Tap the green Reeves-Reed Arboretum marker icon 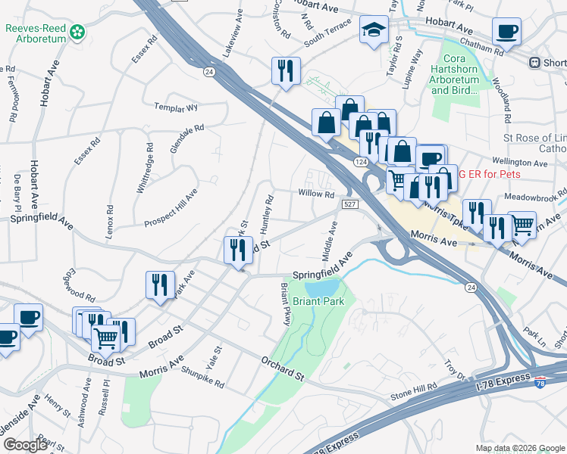(77, 33)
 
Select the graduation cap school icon (373, 30)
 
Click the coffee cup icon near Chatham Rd (506, 32)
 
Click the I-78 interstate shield (540, 384)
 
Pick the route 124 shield (360, 162)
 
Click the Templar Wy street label (175, 107)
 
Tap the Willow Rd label (316, 194)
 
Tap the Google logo (26, 445)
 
